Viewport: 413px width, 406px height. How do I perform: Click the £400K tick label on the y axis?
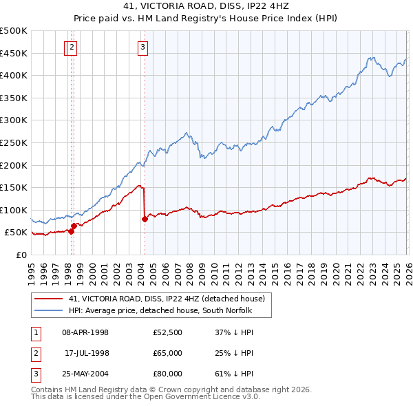(14, 75)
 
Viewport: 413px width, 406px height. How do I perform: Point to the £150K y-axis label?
(14, 187)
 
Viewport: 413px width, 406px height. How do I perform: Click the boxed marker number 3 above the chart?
(142, 47)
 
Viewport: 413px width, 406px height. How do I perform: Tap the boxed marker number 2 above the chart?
(73, 47)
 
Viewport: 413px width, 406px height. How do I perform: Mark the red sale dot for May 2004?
(145, 220)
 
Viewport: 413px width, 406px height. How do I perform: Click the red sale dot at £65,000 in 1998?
(74, 225)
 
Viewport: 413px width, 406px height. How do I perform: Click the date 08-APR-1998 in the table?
(85, 332)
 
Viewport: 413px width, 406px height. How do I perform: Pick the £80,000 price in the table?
(167, 375)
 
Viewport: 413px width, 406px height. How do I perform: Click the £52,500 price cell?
(167, 332)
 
